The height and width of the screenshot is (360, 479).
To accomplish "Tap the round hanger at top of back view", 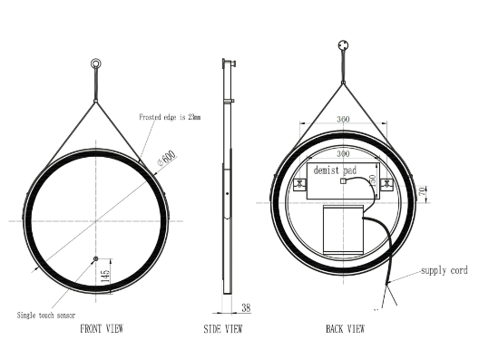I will pos(344,43).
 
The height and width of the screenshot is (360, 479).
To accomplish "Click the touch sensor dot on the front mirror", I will pos(95,260).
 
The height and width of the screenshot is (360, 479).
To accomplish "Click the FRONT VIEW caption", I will pos(102,329).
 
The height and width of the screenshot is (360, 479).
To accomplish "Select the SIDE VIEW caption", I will pos(221,329).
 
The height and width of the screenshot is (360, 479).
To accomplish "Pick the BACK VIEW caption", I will pos(345,329).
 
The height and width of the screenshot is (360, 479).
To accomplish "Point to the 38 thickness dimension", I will pos(246,307).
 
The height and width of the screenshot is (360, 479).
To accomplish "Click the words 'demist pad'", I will pos(335,170).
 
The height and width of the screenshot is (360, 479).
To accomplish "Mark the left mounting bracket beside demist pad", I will pos(297,187).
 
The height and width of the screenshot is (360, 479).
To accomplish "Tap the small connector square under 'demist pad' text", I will pos(344,180).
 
